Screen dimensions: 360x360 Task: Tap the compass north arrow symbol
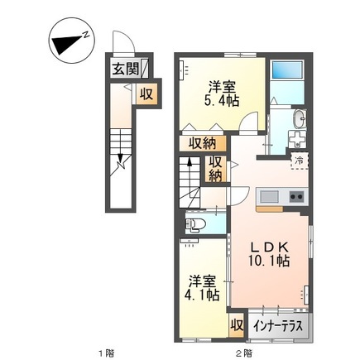tap(69, 42)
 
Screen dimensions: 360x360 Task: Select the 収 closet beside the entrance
tap(146, 94)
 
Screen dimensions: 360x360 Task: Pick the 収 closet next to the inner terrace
tap(236, 324)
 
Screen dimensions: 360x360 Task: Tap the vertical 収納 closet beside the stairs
tap(215, 169)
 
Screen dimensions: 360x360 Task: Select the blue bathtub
tap(289, 76)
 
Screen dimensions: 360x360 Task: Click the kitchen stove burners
tap(294, 198)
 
